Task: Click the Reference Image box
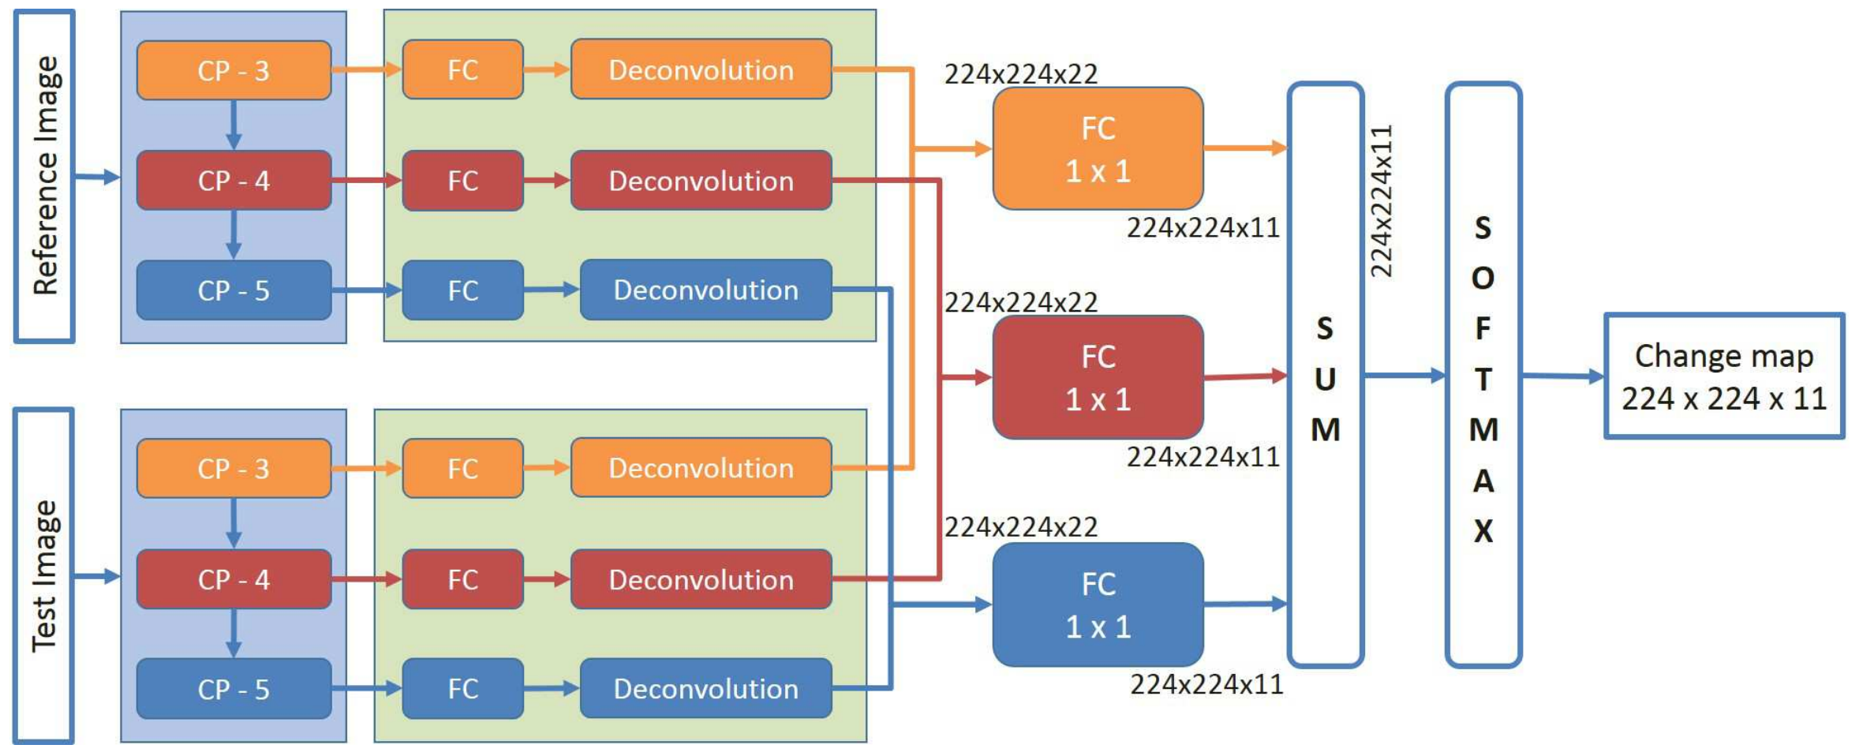click(44, 176)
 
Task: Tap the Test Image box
click(44, 575)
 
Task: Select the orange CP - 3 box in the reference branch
click(234, 70)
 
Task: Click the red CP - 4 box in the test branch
click(234, 579)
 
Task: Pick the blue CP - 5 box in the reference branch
click(234, 290)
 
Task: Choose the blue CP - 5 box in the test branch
click(234, 689)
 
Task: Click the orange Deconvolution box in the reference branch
click(701, 69)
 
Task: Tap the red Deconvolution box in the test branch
click(701, 579)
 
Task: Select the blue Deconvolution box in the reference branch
click(705, 290)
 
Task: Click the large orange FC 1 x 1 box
click(1098, 148)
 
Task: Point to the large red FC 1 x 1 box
click(1098, 377)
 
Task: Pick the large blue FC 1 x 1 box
click(1098, 604)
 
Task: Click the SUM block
click(1326, 376)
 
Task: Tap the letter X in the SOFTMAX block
click(1483, 531)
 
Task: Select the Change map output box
click(1724, 376)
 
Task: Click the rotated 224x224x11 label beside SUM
click(1381, 201)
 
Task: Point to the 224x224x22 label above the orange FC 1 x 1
click(1021, 74)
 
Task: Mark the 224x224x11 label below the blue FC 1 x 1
click(1206, 684)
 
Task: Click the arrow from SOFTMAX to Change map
click(1562, 376)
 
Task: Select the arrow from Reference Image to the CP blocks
click(97, 178)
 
